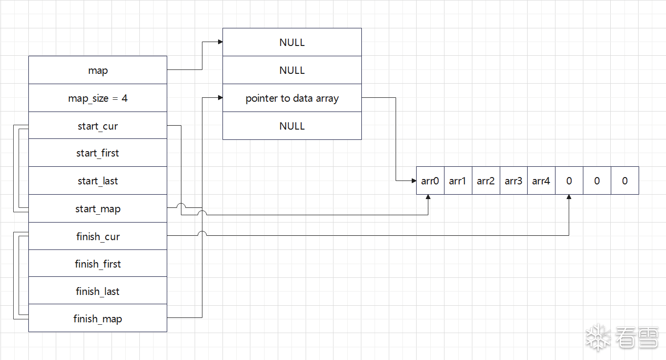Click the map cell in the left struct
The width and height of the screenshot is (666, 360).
(x=98, y=70)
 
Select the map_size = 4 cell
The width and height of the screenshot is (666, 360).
(x=98, y=98)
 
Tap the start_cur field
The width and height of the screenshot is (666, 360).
(x=98, y=126)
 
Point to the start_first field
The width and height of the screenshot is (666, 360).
(x=98, y=153)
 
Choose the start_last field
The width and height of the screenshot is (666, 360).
(x=98, y=181)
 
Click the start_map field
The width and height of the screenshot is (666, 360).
(x=98, y=209)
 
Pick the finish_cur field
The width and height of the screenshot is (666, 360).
(x=98, y=237)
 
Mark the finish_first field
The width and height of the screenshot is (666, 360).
(x=98, y=264)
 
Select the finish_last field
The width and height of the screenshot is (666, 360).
(x=98, y=292)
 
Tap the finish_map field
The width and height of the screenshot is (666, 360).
(x=98, y=319)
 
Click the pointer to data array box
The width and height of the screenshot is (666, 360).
(x=292, y=98)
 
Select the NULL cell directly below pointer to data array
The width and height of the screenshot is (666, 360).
(x=292, y=126)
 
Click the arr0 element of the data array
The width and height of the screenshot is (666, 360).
(x=430, y=181)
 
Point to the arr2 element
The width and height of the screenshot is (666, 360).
(x=486, y=181)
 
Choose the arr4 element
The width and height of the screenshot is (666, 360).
(x=541, y=181)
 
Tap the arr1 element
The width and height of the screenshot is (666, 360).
(x=458, y=181)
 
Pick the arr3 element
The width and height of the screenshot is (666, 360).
(x=513, y=181)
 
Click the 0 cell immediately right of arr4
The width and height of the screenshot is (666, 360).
(x=569, y=181)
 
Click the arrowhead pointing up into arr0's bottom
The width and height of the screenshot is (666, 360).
(x=429, y=198)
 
